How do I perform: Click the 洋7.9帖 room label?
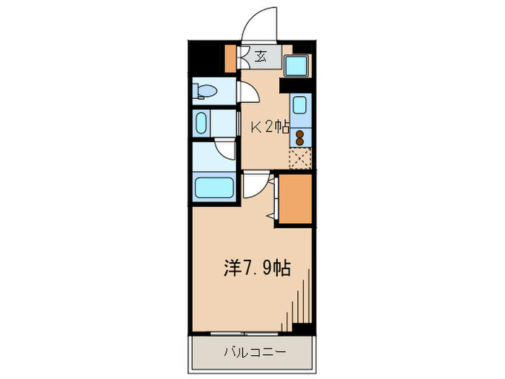coord(258,268)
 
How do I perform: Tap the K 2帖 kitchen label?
coord(270,128)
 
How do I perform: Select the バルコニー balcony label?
coord(255,352)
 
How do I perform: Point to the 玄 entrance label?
coord(260,57)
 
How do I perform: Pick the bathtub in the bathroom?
coord(214,188)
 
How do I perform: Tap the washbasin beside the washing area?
coord(201,123)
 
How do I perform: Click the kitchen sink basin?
coord(299,105)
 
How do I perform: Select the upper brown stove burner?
coord(300,134)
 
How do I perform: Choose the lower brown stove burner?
coord(300,141)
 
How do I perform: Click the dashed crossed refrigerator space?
coord(300,158)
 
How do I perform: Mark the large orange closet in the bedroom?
coord(295,199)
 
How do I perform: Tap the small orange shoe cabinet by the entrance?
coord(230,58)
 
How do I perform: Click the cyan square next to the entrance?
coord(297,66)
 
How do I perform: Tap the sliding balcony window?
coord(245,334)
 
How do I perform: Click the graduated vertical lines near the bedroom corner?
coord(296,300)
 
